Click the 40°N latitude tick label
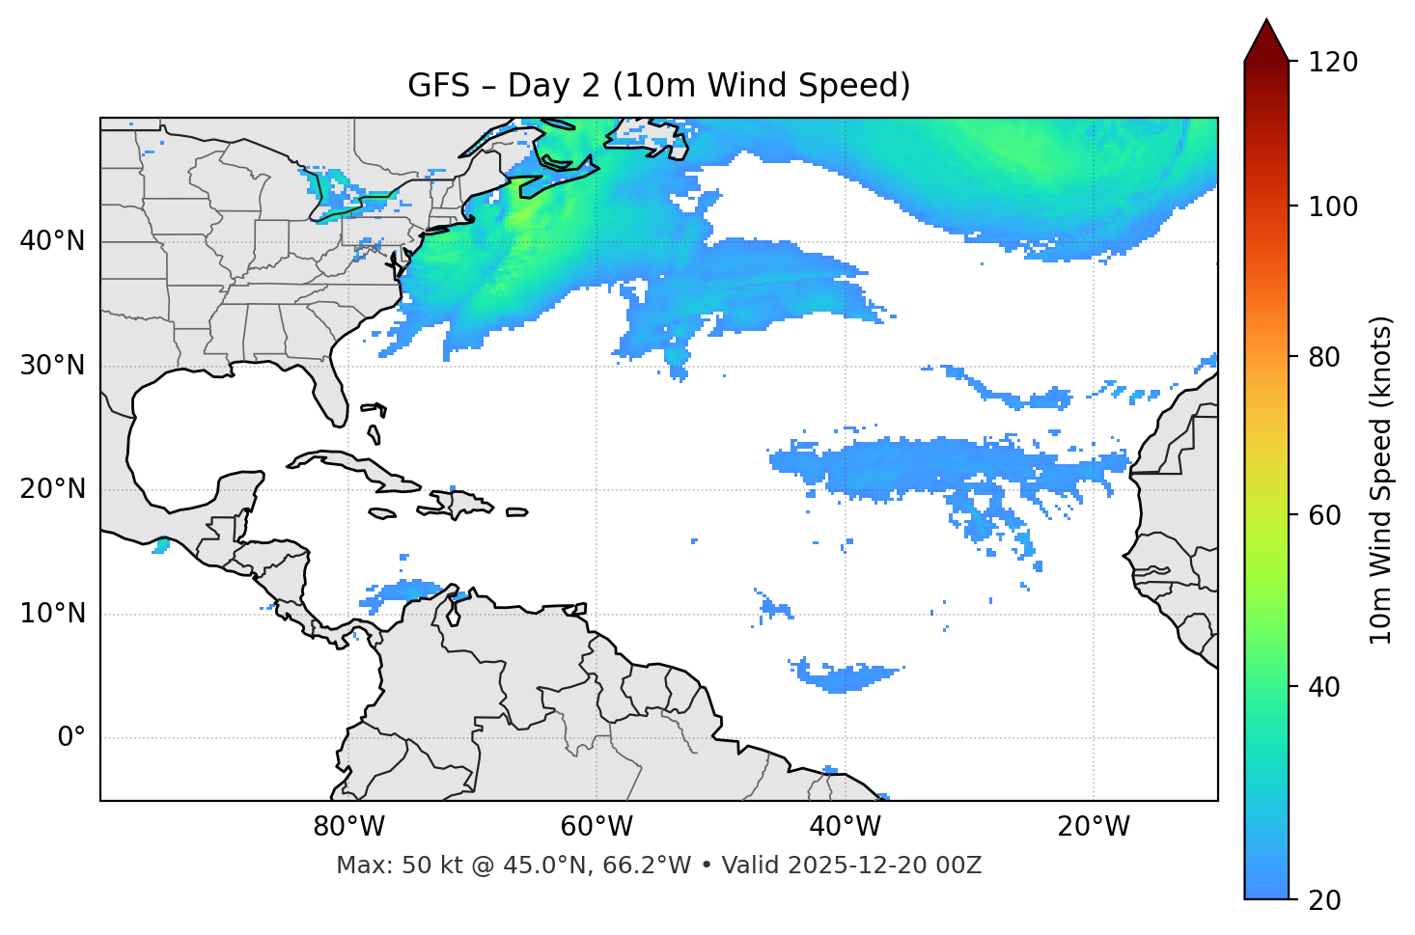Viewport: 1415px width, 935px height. pos(52,241)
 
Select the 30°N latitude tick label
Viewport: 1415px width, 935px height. pos(52,366)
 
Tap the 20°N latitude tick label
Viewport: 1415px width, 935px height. pos(52,489)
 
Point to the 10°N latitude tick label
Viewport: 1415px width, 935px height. pos(52,614)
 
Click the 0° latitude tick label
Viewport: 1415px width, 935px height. pos(71,738)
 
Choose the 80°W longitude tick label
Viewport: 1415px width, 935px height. pos(348,827)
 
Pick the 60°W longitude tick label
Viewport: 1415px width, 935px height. pos(597,827)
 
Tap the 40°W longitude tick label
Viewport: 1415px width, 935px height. pos(845,827)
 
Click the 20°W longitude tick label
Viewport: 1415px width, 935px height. pos(1094,827)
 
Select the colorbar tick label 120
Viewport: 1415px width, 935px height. pos(1333,62)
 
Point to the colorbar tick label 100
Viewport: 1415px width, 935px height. pos(1333,206)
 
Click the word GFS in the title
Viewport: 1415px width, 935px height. pos(438,86)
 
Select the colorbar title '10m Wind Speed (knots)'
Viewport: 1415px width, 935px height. pos(1380,480)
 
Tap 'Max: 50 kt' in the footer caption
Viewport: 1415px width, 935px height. pos(381,866)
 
